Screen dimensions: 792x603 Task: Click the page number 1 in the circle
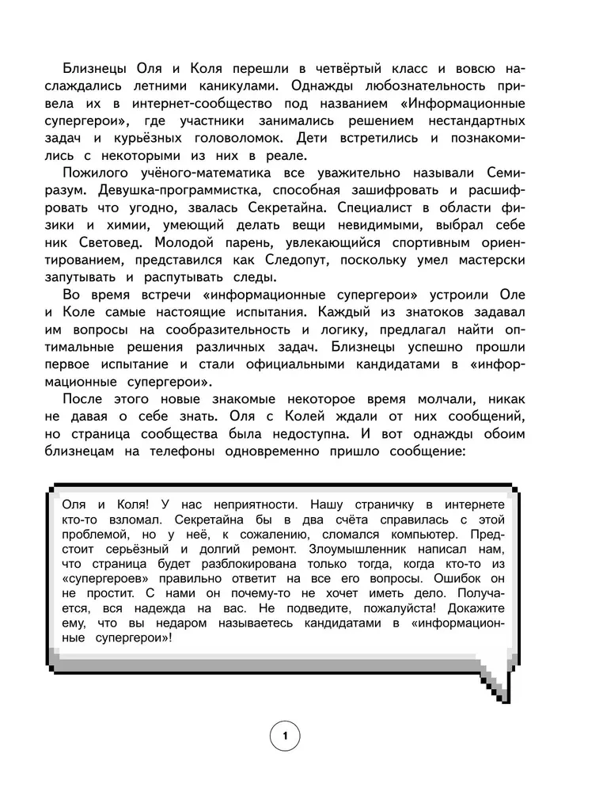click(x=285, y=737)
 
